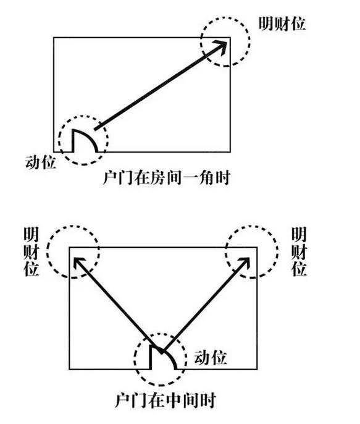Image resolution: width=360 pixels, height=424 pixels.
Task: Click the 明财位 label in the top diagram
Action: [282, 23]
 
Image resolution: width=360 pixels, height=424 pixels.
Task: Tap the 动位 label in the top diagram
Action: [41, 162]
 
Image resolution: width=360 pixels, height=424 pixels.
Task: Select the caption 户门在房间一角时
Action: [167, 177]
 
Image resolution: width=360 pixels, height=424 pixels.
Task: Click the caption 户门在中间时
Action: [165, 401]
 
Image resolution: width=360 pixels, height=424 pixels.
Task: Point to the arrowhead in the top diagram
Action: [221, 46]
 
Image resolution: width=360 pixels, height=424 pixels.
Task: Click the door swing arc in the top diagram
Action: [88, 136]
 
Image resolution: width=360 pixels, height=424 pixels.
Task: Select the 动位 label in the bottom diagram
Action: [211, 358]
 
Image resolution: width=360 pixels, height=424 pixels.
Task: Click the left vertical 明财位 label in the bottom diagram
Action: [31, 252]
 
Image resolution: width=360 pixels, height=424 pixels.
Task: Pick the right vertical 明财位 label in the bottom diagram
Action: [299, 252]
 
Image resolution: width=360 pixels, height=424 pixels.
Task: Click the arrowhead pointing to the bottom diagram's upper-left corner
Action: [78, 263]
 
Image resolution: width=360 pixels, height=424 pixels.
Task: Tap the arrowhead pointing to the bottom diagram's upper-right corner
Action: [244, 263]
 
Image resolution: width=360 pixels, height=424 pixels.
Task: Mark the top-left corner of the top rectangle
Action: [54, 37]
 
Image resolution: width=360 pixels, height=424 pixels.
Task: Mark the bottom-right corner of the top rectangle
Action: [230, 151]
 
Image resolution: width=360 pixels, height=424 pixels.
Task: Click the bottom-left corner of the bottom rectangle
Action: [69, 369]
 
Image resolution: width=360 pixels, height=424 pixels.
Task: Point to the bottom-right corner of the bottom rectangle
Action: [257, 369]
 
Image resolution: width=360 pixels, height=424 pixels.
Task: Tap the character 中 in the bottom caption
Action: [174, 401]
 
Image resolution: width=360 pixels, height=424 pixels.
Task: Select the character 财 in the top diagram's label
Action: [282, 23]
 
